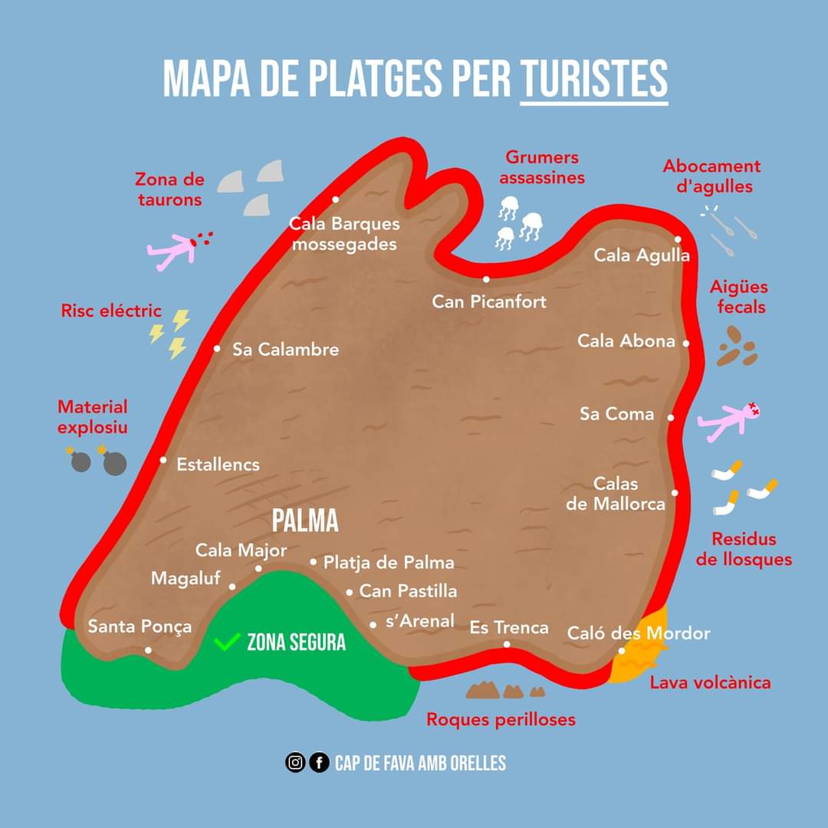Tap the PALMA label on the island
305,521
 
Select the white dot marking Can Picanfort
486,279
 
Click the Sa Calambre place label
285,350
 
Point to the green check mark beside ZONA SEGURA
226,642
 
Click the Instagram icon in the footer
295,763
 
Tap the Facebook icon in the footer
319,763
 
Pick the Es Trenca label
509,628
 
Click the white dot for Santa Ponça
148,650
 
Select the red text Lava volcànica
710,682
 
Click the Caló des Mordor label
639,633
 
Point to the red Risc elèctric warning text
111,310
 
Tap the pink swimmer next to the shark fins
176,250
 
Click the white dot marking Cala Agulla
678,239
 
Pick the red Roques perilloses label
501,720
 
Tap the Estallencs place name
218,465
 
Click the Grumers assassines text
542,167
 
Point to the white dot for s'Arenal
373,625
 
